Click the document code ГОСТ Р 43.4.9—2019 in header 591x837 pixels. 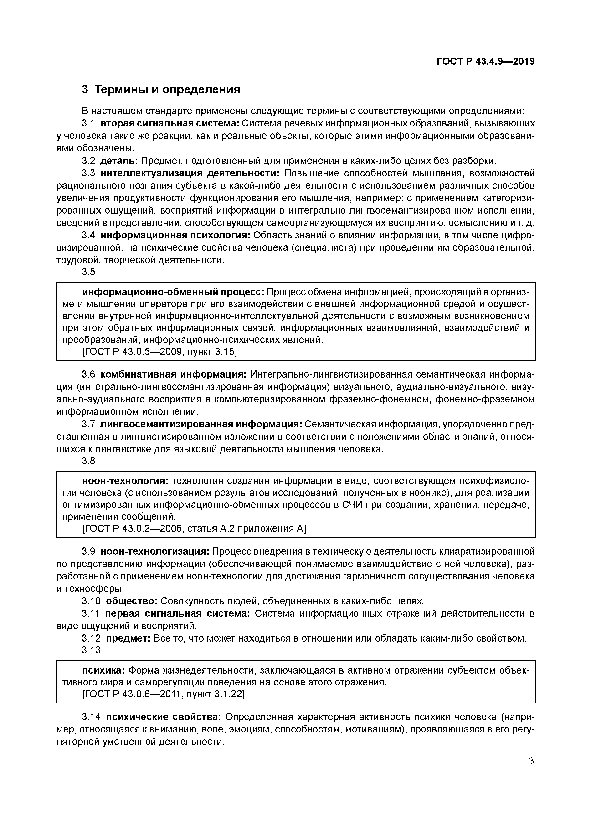485,62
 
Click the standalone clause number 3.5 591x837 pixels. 88,272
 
